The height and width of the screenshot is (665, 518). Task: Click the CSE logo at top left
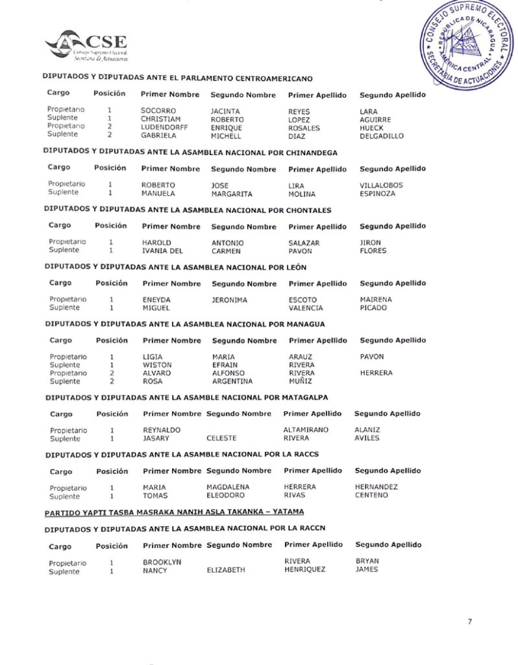(86, 45)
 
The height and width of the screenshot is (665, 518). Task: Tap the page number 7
(469, 621)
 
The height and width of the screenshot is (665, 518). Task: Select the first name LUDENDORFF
(164, 128)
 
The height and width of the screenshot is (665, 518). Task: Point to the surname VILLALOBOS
(381, 185)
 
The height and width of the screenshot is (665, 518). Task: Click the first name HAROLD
(156, 242)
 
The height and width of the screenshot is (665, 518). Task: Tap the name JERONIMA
(230, 299)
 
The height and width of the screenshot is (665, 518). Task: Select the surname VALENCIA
(306, 308)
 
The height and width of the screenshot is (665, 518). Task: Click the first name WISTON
(157, 365)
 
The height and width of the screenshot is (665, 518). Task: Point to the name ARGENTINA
(232, 381)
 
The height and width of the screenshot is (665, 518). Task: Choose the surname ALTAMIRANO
(306, 430)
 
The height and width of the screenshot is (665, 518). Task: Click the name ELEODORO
(225, 495)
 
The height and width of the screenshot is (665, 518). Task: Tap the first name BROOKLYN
(162, 562)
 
